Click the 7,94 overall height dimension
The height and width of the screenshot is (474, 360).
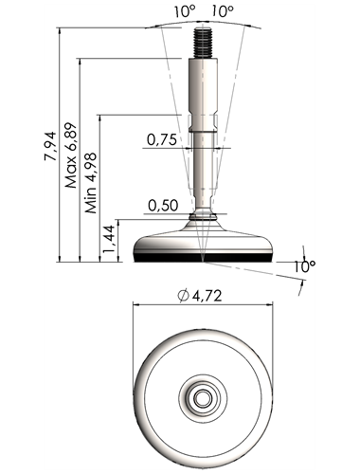coord(50,146)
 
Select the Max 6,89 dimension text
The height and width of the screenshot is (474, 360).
coord(71,155)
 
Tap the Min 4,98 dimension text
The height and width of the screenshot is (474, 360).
coord(90,183)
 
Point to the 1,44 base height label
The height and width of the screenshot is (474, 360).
coord(110,239)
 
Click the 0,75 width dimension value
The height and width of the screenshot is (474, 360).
coord(162,139)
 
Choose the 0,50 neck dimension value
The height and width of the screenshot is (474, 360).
coord(163,206)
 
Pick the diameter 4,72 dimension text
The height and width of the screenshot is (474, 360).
coord(200,296)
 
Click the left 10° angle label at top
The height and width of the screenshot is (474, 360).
coord(186,11)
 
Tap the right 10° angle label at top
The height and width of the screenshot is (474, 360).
coord(223,11)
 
